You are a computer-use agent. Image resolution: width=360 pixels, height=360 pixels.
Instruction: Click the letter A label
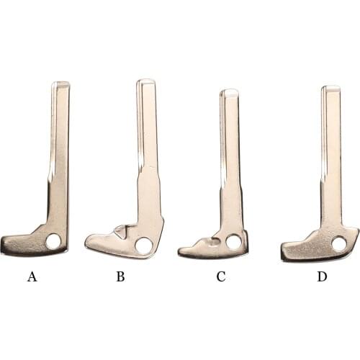(x=32, y=276)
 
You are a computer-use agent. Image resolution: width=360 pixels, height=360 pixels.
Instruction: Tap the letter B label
(x=120, y=276)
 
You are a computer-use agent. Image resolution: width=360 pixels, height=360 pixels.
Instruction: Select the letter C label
(x=221, y=276)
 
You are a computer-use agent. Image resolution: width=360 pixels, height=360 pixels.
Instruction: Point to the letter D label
(x=322, y=276)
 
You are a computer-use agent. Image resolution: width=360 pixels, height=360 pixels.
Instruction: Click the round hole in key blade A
(x=53, y=241)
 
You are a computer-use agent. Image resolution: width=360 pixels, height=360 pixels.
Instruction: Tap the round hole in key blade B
(x=143, y=246)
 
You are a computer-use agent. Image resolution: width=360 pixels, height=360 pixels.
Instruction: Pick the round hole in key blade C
(x=233, y=241)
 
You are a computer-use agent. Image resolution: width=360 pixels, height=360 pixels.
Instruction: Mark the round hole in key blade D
(x=339, y=244)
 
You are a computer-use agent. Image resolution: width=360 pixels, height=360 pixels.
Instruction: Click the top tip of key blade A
(x=61, y=82)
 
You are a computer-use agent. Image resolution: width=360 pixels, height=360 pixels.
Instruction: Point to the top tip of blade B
(x=145, y=80)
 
